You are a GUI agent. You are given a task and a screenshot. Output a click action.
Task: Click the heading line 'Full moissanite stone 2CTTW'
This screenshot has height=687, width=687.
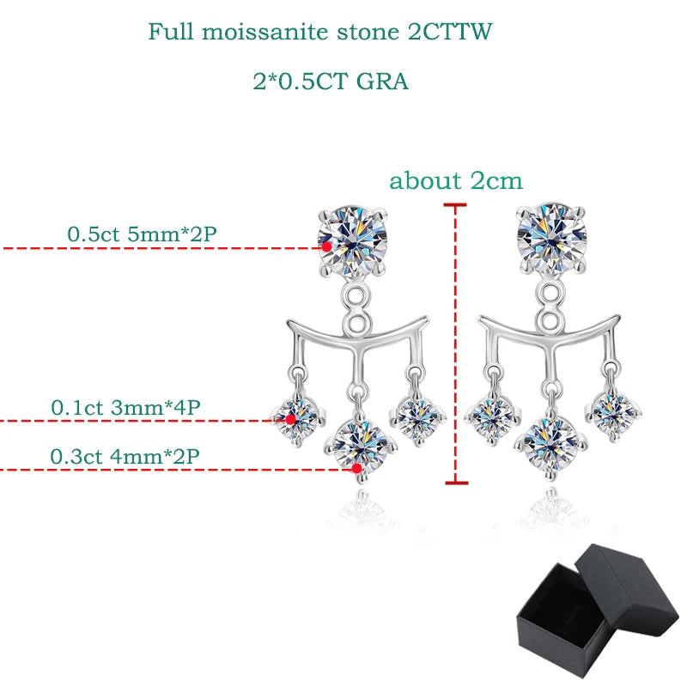pyautogui.click(x=321, y=32)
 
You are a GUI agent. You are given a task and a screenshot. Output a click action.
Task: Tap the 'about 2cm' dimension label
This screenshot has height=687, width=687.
pyautogui.click(x=456, y=181)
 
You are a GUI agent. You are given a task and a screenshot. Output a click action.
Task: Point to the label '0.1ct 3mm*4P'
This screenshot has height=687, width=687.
pyautogui.click(x=125, y=407)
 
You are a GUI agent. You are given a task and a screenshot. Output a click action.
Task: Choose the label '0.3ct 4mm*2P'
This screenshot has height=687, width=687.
pyautogui.click(x=125, y=455)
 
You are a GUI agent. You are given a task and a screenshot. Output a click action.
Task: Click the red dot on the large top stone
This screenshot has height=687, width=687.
pyautogui.click(x=327, y=246)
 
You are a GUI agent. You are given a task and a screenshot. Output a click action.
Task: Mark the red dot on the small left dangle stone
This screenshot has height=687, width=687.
pyautogui.click(x=290, y=419)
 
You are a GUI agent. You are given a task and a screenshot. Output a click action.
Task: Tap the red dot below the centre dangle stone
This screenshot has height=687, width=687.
pyautogui.click(x=356, y=469)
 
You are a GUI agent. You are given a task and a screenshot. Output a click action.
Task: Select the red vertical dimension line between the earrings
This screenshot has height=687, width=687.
pyautogui.click(x=455, y=343)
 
